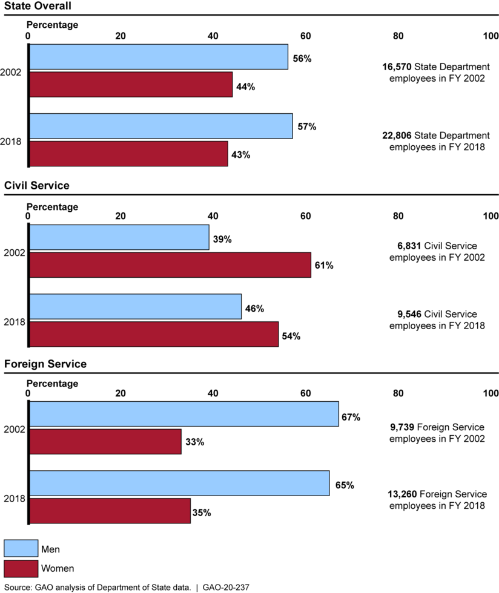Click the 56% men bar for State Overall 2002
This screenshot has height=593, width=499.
pyautogui.click(x=159, y=57)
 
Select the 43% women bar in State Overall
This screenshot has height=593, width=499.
pyautogui.click(x=128, y=154)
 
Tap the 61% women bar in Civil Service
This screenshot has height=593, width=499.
pyautogui.click(x=170, y=265)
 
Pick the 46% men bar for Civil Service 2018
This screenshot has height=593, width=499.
pyautogui.click(x=135, y=307)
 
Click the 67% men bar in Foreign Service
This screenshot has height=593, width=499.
pyautogui.click(x=184, y=414)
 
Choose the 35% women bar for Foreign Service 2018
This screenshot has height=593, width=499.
pyautogui.click(x=110, y=511)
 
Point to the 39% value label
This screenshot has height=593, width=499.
pyautogui.click(x=222, y=239)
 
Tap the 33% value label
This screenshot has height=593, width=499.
pyautogui.click(x=194, y=442)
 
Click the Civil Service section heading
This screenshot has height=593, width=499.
pyautogui.click(x=37, y=185)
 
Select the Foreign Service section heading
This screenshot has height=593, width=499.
pyautogui.click(x=45, y=364)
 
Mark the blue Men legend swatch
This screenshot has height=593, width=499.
pyautogui.click(x=21, y=549)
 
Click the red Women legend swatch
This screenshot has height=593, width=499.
pyautogui.click(x=21, y=569)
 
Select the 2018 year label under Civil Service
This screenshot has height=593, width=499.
pyautogui.click(x=13, y=321)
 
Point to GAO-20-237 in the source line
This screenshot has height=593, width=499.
pyautogui.click(x=226, y=587)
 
